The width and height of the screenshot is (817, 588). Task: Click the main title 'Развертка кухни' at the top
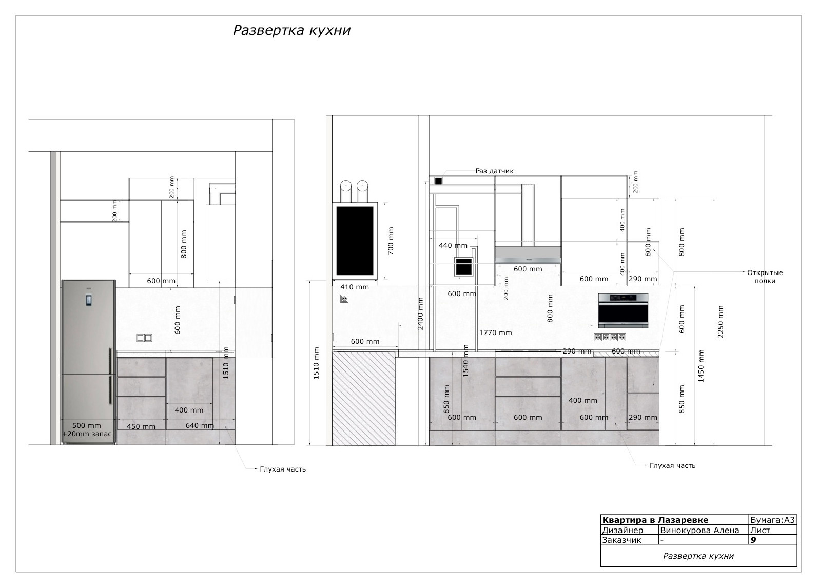click(292, 30)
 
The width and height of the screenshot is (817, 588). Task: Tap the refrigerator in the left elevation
click(89, 362)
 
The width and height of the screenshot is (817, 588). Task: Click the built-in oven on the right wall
click(623, 311)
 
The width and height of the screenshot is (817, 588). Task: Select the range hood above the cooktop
click(528, 254)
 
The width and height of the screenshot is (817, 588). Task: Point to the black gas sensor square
click(438, 181)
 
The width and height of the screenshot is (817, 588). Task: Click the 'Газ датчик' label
click(495, 171)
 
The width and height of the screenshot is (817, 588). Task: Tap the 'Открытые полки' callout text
click(765, 277)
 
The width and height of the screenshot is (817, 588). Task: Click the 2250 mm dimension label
click(721, 322)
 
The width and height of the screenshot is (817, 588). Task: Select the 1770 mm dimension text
click(495, 332)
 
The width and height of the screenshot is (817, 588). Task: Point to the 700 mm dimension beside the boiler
click(391, 241)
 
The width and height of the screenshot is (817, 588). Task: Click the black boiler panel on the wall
click(355, 241)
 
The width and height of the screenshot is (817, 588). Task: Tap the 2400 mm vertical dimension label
click(420, 313)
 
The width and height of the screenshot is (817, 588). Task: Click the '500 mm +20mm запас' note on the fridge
click(87, 429)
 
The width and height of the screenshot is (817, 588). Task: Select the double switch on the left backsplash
click(144, 338)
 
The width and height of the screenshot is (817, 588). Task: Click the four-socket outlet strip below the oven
click(610, 337)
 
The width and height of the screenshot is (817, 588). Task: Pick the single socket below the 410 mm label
click(344, 299)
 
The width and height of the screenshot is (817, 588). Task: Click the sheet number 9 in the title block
click(753, 539)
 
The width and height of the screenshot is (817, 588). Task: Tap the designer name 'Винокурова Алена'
click(699, 530)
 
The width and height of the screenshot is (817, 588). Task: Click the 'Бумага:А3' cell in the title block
click(772, 520)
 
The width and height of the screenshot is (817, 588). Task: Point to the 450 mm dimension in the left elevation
click(141, 426)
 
